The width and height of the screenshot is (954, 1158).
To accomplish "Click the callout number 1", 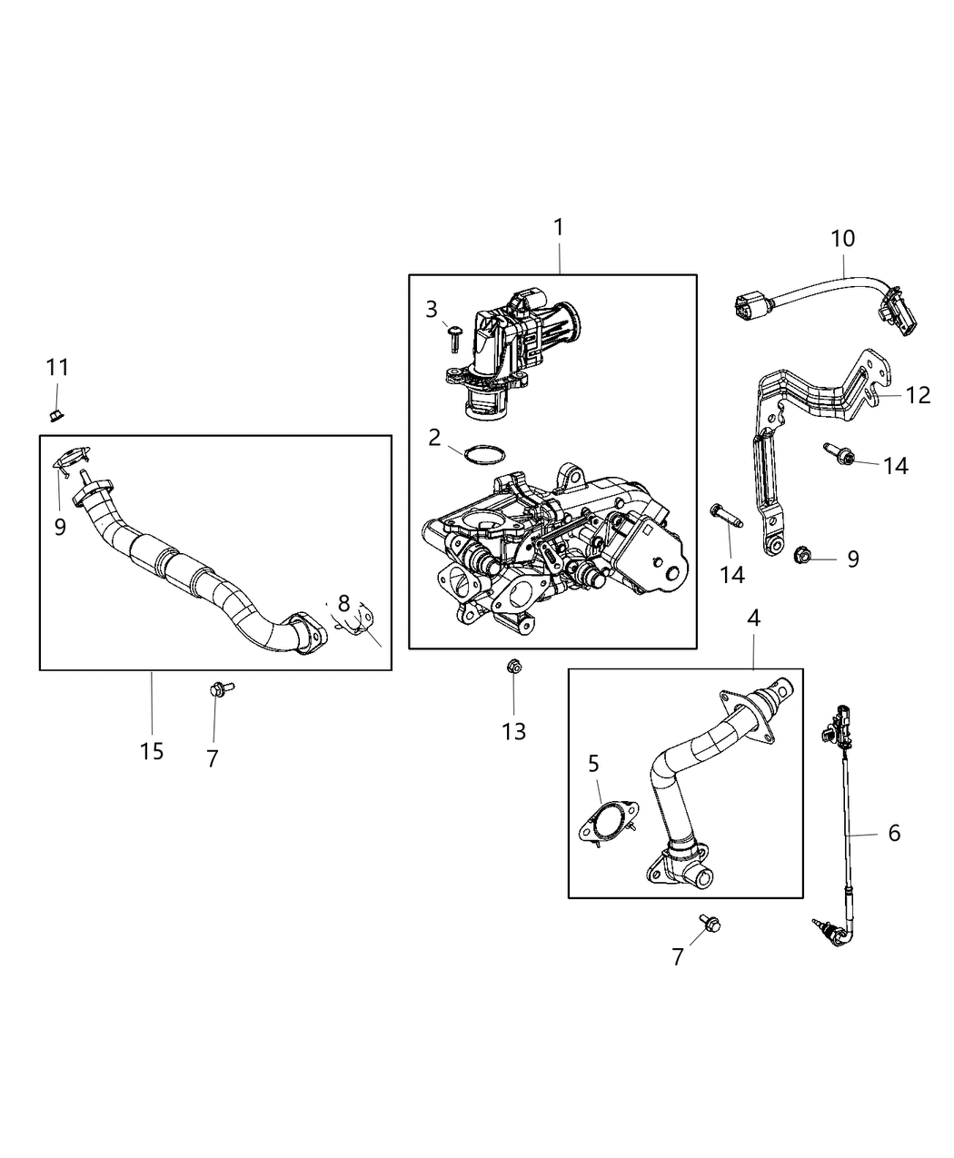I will [559, 227].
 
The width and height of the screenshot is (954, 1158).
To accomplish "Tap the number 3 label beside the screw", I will [432, 310].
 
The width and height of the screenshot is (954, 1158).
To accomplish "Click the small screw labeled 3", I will [455, 338].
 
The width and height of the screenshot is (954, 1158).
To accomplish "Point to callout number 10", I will [842, 239].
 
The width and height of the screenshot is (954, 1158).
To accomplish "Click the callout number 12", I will [918, 395].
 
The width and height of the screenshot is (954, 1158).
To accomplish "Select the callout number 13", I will [513, 731].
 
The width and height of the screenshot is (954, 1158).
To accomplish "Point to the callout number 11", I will [57, 368].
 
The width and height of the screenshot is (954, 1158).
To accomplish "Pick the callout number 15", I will [152, 751].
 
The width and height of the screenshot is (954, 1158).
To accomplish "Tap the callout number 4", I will [753, 618].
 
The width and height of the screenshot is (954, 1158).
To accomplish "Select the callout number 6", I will [893, 833].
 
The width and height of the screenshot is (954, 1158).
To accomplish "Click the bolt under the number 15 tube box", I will [219, 690].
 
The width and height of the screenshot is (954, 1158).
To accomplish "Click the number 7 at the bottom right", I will [677, 956].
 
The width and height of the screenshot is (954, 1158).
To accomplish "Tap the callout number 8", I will [343, 602].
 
